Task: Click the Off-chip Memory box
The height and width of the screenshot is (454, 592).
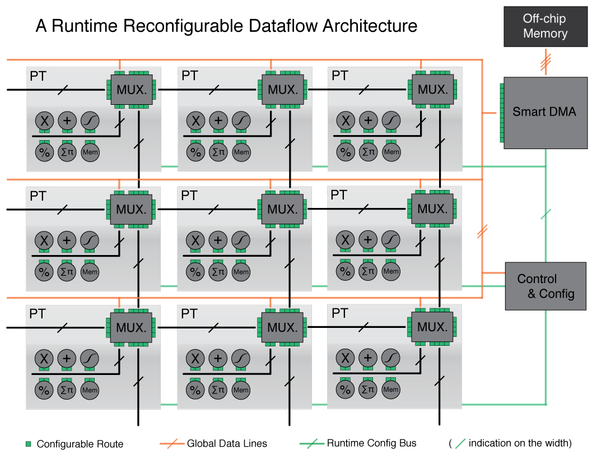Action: point(545,26)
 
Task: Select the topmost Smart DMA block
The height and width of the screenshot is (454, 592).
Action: point(544,112)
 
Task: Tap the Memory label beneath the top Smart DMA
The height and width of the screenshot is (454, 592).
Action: point(545,155)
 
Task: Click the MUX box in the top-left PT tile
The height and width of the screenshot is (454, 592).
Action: point(132,90)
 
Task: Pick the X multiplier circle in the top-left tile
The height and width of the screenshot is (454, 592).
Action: point(44,121)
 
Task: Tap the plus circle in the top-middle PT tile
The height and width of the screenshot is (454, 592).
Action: point(218,121)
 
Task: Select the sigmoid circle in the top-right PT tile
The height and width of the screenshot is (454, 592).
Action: point(391,121)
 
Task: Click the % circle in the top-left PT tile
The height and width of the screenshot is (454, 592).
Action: point(44,152)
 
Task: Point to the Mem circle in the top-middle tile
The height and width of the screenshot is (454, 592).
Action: point(241,152)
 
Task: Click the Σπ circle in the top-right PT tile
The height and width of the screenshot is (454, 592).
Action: point(368,152)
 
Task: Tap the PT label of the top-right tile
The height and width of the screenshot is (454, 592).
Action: point(340,76)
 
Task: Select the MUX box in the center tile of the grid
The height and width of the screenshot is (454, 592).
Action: point(283,210)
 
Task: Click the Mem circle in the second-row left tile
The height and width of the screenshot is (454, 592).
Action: point(90,272)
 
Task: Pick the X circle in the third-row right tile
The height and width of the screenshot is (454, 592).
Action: point(345,358)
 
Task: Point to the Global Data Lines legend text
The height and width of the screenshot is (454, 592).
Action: point(227,444)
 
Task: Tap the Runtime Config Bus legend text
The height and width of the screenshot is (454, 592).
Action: point(371,444)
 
